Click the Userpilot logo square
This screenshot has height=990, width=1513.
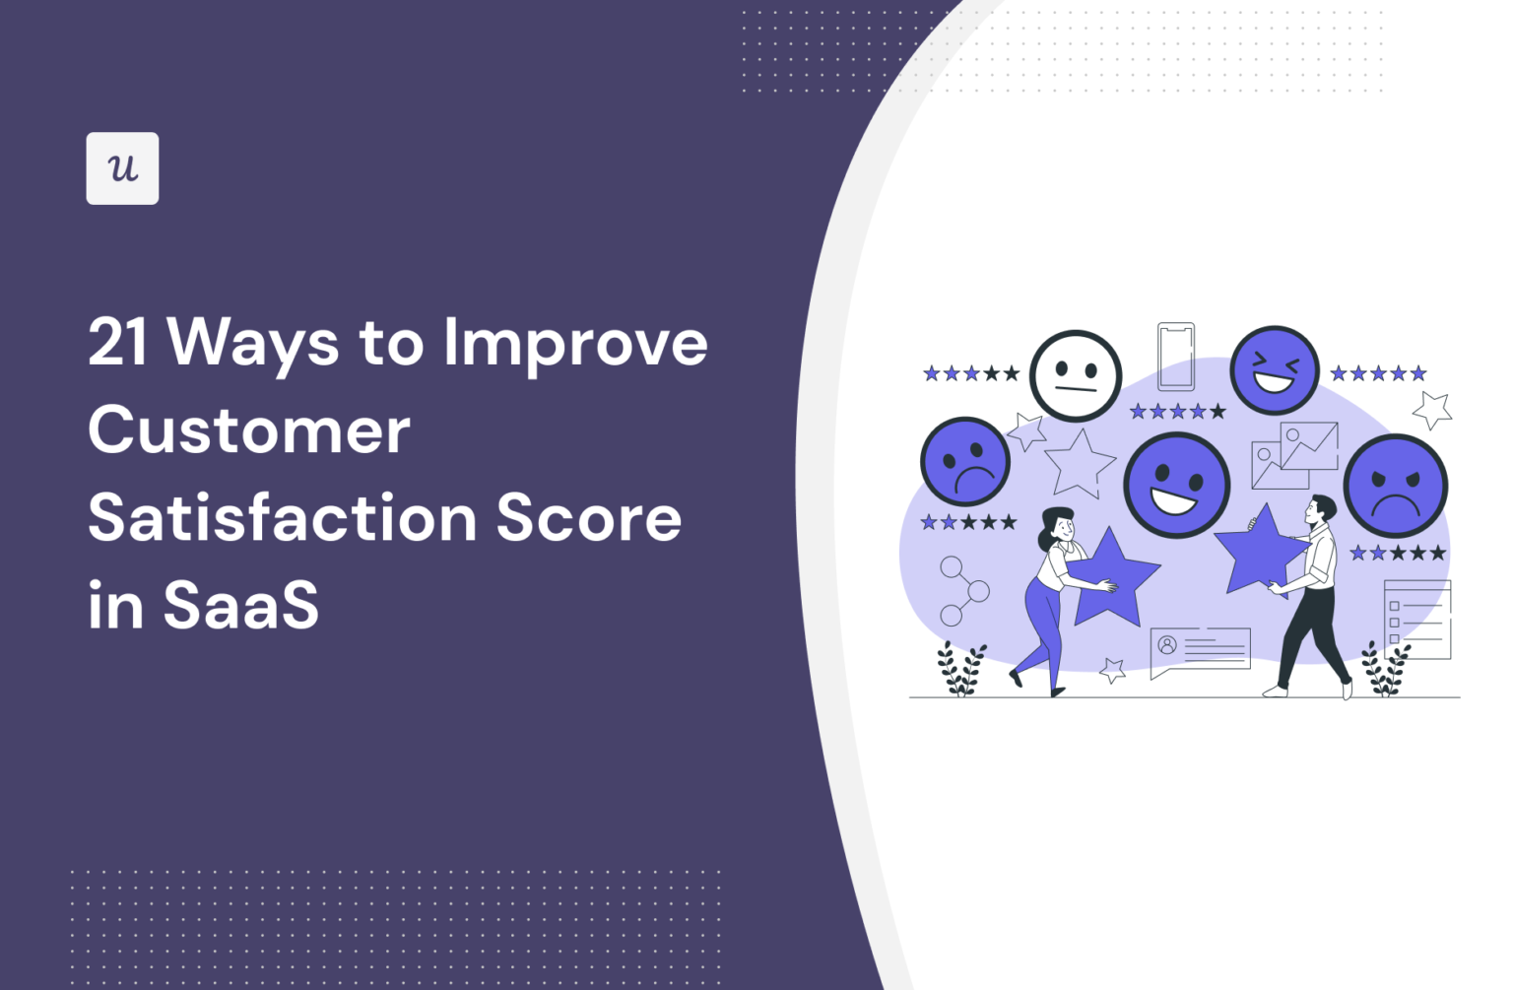pos(122,168)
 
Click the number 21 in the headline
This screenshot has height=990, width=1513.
pos(118,343)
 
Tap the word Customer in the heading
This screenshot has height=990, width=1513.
pos(249,430)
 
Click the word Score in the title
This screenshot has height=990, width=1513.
pos(588,518)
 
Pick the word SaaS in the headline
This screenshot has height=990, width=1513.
pos(241,605)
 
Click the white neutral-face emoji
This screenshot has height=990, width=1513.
pos(1076,376)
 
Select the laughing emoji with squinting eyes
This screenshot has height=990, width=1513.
pos(1274,370)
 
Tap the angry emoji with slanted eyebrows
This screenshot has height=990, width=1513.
pos(1395,486)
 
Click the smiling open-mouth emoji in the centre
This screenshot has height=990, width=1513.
pos(1176,485)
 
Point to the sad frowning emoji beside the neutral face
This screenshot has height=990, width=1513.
pos(964,462)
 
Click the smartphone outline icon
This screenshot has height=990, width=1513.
pos(1175,357)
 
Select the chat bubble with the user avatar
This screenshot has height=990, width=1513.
pos(1199,650)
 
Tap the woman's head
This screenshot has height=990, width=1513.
pos(1059,524)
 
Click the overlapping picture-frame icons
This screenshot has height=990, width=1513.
pos(1294,455)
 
